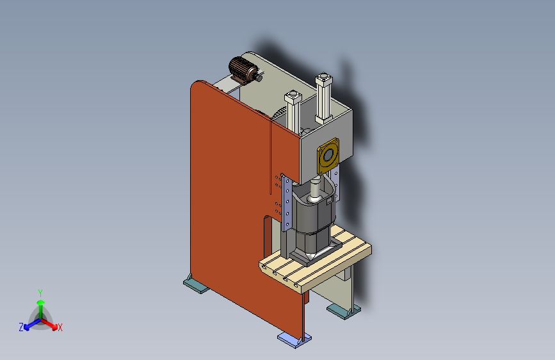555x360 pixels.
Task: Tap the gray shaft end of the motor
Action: coord(259,77)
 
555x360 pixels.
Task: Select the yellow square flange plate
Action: coord(328,156)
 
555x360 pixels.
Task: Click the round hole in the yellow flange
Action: coord(328,155)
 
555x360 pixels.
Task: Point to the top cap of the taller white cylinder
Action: coord(324,79)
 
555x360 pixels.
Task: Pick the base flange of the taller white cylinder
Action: coord(323,119)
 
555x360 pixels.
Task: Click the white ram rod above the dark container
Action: coord(315,190)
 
